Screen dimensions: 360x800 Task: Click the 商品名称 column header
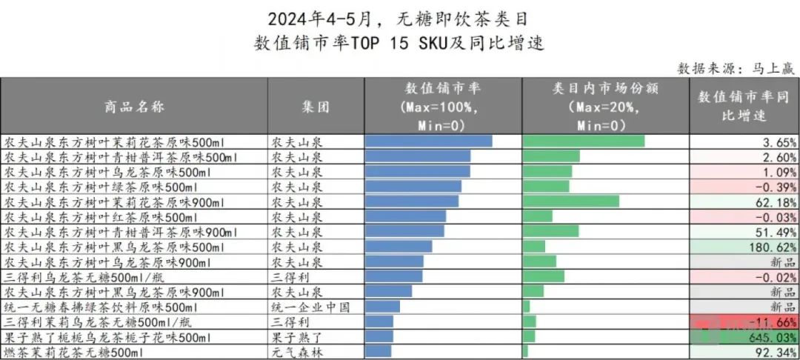(x=134, y=107)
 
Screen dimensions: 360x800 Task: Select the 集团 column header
(x=316, y=107)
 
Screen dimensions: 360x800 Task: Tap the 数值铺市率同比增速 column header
(x=744, y=107)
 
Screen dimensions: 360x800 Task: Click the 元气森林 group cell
(x=296, y=352)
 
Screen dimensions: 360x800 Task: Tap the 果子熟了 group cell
(x=296, y=337)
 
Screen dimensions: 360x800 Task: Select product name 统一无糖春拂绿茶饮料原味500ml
(x=101, y=307)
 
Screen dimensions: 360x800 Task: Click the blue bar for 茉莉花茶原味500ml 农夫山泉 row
(x=429, y=141)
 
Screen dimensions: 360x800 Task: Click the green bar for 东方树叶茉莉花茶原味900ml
(x=571, y=201)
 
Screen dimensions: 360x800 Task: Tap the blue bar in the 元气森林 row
(x=379, y=351)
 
